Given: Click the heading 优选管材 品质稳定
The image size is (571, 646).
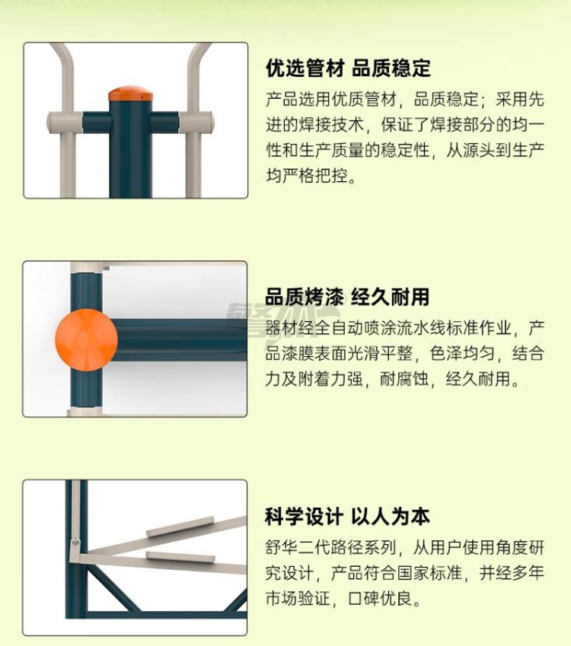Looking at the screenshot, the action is (x=348, y=68).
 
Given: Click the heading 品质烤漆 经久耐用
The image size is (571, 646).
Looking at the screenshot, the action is (x=347, y=297).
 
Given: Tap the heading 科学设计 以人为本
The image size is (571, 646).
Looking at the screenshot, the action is (x=347, y=517).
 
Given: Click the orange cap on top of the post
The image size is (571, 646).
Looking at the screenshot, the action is (x=130, y=94).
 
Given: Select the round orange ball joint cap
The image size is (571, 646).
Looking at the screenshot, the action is (x=87, y=340).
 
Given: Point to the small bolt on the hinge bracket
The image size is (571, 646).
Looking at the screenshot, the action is (x=75, y=542).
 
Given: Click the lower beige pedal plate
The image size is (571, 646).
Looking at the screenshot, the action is (x=180, y=557).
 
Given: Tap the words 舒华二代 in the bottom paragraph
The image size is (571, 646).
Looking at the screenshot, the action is (x=298, y=548).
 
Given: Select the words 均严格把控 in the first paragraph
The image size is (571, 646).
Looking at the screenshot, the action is (x=306, y=176).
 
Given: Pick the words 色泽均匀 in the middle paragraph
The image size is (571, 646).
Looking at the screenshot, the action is (x=461, y=354).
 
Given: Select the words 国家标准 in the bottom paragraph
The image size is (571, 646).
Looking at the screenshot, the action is (x=429, y=573).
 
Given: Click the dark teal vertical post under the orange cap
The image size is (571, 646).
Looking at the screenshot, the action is (x=130, y=149).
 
